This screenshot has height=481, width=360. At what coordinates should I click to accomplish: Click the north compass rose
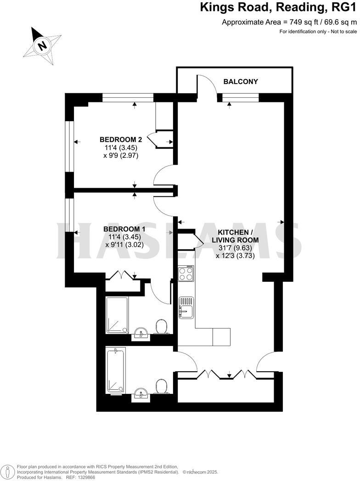click(x=42, y=45)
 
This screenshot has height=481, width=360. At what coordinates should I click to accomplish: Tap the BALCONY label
click(x=241, y=82)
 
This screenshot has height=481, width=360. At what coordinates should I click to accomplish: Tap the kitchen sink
click(x=186, y=307)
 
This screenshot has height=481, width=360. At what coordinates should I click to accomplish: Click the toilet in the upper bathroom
click(x=161, y=327)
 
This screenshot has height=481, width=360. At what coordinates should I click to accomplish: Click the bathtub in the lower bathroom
click(x=115, y=370)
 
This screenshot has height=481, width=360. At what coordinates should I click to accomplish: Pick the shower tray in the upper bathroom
click(x=117, y=315)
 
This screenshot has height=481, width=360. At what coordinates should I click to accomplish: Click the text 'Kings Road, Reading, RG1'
click(x=278, y=8)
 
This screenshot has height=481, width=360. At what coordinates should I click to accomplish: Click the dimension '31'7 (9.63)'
click(x=234, y=248)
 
